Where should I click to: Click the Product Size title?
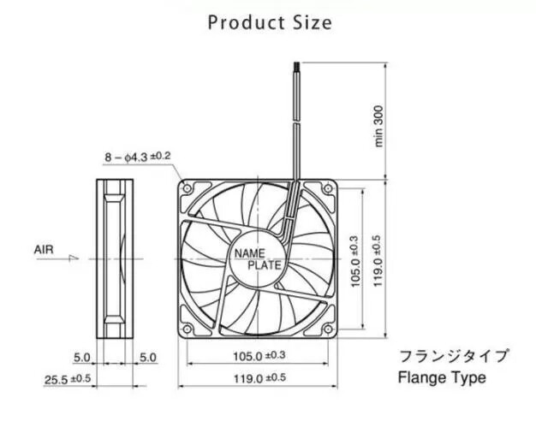tap(270, 23)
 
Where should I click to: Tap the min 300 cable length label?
tap(379, 126)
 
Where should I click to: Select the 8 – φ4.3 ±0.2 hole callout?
tap(137, 157)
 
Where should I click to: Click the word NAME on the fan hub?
tap(249, 253)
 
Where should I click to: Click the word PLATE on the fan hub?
tap(265, 265)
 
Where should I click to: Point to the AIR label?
tap(44, 250)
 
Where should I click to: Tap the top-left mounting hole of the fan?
tap(187, 188)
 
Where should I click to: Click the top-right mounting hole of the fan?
tap(328, 188)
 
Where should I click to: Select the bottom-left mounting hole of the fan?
tap(187, 329)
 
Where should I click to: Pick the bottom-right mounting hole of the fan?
tap(328, 329)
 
